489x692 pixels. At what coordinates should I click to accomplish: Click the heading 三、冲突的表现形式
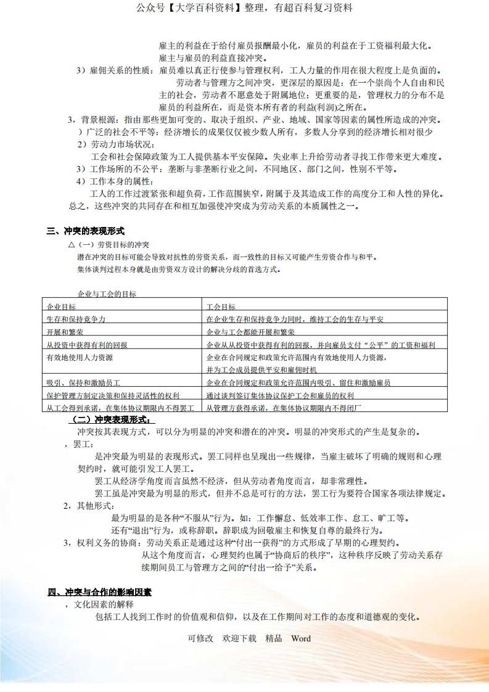[86, 231]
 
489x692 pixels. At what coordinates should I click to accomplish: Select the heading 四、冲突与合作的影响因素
[100, 592]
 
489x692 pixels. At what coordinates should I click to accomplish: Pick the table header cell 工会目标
[221, 307]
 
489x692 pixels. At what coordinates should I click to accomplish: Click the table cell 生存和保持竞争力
[76, 319]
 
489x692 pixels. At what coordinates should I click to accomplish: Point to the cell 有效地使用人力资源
[80, 357]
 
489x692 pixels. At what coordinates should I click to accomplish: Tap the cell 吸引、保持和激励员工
[83, 383]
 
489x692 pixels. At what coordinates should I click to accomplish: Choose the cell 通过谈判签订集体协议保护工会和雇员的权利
[280, 395]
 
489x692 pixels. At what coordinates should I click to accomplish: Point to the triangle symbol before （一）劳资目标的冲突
[72, 245]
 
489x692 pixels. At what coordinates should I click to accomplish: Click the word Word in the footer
[301, 638]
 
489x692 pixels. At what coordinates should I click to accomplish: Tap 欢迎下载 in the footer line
[239, 638]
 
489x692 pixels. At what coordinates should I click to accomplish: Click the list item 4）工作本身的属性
[114, 181]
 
